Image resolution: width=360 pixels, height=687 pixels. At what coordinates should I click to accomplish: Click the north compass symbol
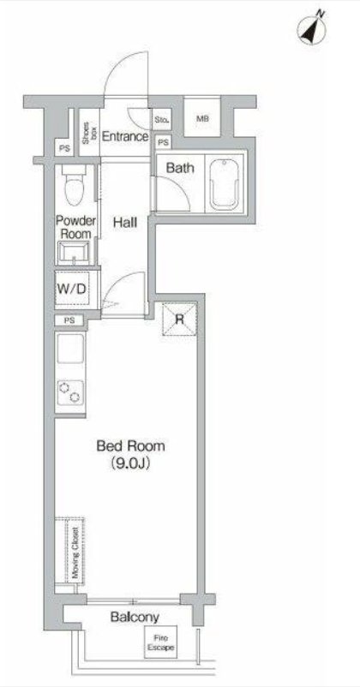tap(311, 29)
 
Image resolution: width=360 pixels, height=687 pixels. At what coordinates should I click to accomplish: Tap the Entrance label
tap(125, 136)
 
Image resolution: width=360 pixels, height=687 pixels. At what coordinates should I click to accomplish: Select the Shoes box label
tap(89, 133)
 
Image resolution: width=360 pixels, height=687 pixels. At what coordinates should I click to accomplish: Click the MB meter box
tap(201, 118)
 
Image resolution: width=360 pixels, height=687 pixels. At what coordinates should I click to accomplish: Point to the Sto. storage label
tap(161, 119)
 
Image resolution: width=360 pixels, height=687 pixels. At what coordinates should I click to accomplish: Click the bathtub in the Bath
tap(225, 184)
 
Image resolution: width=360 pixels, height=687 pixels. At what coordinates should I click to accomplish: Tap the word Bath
tap(180, 167)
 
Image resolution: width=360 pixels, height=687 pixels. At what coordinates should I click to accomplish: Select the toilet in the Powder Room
tap(74, 185)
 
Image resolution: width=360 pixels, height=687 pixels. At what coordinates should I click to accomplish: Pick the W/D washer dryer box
tap(72, 289)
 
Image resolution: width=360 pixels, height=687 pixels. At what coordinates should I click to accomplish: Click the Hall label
tap(125, 223)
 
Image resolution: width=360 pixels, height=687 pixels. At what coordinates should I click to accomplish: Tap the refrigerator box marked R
tap(179, 319)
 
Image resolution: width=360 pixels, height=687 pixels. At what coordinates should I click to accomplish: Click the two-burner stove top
tap(70, 391)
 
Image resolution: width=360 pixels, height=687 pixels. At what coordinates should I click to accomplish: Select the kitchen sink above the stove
tap(70, 349)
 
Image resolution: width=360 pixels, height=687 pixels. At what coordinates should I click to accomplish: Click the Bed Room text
tap(130, 446)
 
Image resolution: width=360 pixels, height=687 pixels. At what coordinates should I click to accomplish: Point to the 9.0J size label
tap(130, 464)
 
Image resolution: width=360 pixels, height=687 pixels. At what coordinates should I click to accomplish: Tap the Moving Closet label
tap(76, 553)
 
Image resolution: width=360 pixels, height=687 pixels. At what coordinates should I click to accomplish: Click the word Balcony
tap(135, 618)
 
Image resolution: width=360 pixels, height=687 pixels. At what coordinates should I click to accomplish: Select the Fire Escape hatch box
tap(161, 641)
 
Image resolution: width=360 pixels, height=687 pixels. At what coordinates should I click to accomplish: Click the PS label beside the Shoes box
tap(64, 148)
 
